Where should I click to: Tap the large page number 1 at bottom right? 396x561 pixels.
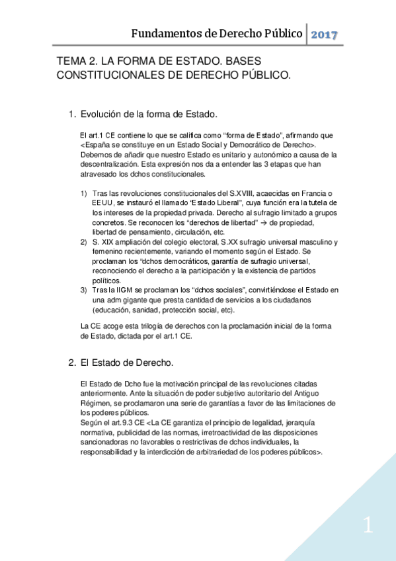pyautogui.click(x=368, y=526)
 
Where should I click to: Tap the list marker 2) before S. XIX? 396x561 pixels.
pyautogui.click(x=84, y=242)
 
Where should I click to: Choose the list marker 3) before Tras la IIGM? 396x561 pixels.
pyautogui.click(x=84, y=290)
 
